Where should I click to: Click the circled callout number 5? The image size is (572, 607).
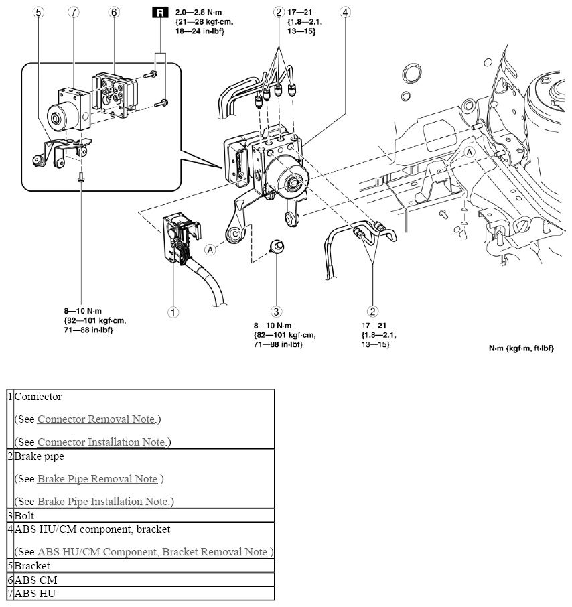pyautogui.click(x=38, y=12)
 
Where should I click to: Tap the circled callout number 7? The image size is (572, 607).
pyautogui.click(x=74, y=12)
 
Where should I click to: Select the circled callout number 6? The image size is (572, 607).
pyautogui.click(x=114, y=12)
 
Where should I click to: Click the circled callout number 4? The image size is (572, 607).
pyautogui.click(x=345, y=12)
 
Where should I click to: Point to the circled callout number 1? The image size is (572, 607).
pyautogui.click(x=173, y=312)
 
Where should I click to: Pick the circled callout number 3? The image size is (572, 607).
pyautogui.click(x=276, y=312)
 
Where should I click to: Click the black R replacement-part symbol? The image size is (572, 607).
pyautogui.click(x=160, y=13)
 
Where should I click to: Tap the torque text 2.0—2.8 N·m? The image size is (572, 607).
pyautogui.click(x=198, y=12)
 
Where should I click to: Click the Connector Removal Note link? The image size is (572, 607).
pyautogui.click(x=96, y=419)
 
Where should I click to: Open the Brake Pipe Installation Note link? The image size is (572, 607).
pyautogui.click(x=102, y=502)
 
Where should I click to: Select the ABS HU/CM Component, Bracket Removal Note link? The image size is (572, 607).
pyautogui.click(x=153, y=551)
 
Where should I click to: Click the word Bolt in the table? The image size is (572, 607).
pyautogui.click(x=24, y=516)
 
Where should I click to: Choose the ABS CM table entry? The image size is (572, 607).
pyautogui.click(x=35, y=580)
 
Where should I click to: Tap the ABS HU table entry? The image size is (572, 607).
pyautogui.click(x=35, y=594)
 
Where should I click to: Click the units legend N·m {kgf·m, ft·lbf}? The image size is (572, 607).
pyautogui.click(x=521, y=348)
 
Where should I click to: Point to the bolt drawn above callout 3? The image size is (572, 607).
pyautogui.click(x=277, y=247)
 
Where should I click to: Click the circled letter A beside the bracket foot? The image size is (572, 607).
pyautogui.click(x=210, y=250)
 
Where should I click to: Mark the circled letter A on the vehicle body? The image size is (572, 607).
pyautogui.click(x=470, y=152)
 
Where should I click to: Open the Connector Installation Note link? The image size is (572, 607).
pyautogui.click(x=101, y=442)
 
